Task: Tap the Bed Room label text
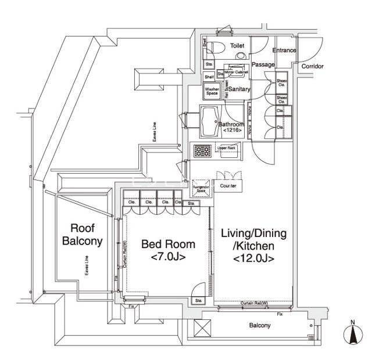pyautogui.click(x=169, y=244)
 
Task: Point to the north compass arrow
pyautogui.click(x=352, y=334)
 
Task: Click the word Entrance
pyautogui.click(x=284, y=50)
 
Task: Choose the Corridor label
pyautogui.click(x=312, y=66)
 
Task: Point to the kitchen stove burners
pyautogui.click(x=202, y=150)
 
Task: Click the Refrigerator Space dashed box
pyautogui.click(x=201, y=189)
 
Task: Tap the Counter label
pyautogui.click(x=228, y=186)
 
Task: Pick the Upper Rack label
pyautogui.click(x=226, y=149)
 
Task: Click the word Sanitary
pyautogui.click(x=239, y=89)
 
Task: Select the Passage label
pyautogui.click(x=263, y=64)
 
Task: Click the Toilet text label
pyautogui.click(x=237, y=45)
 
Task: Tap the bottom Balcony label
pyautogui.click(x=259, y=326)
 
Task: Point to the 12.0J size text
pyautogui.click(x=254, y=259)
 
